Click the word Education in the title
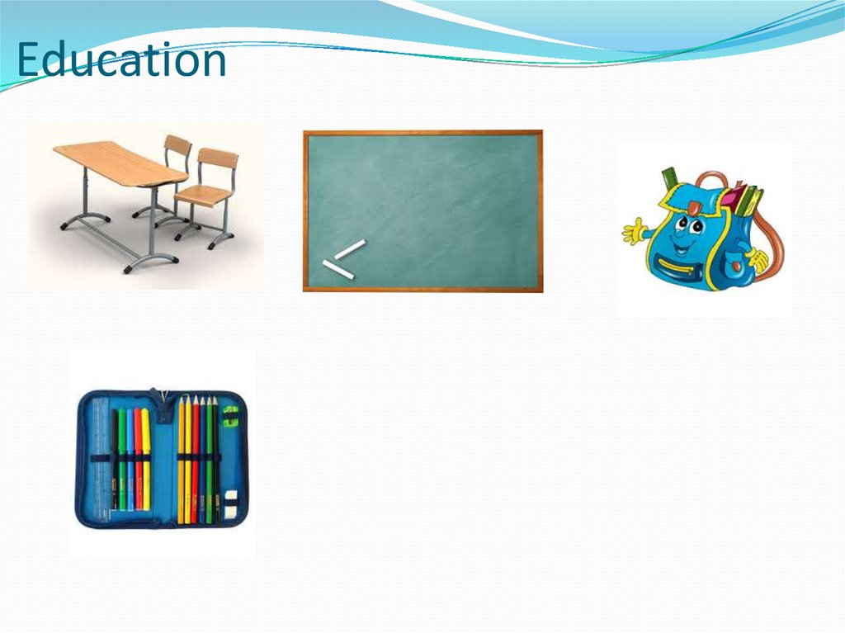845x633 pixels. pyautogui.click(x=121, y=61)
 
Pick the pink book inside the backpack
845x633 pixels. pyautogui.click(x=732, y=198)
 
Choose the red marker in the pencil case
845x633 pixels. pyautogui.click(x=138, y=458)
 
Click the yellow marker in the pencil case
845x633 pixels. pyautogui.click(x=146, y=458)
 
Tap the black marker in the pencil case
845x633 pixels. pyautogui.click(x=115, y=458)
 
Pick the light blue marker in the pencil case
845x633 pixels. pyautogui.click(x=130, y=458)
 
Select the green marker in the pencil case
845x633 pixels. pyautogui.click(x=122, y=458)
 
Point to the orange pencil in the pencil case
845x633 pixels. pyautogui.click(x=187, y=458)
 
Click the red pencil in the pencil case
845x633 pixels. pyautogui.click(x=195, y=458)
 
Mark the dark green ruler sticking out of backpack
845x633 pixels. pyautogui.click(x=669, y=179)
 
